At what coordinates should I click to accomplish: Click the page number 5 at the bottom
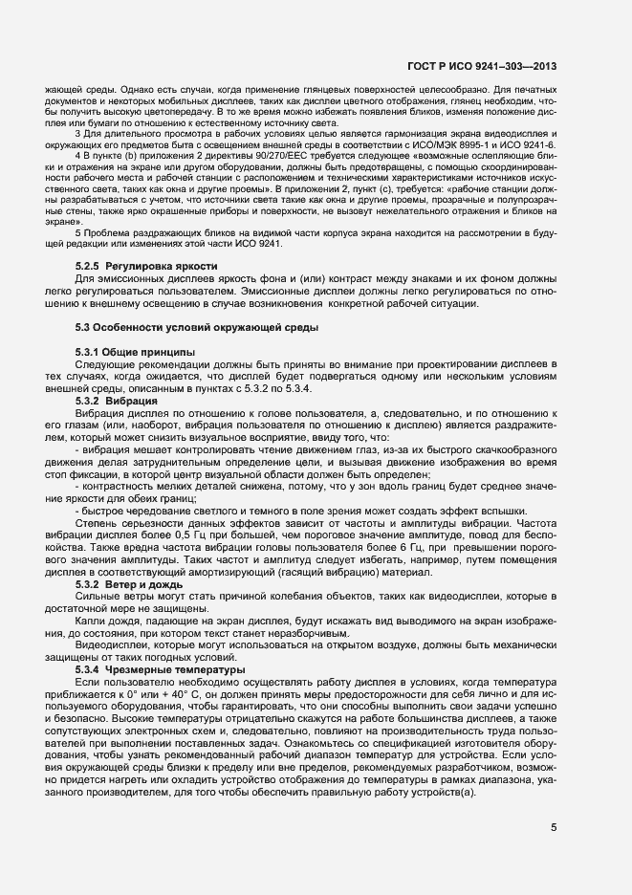point(554,828)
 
